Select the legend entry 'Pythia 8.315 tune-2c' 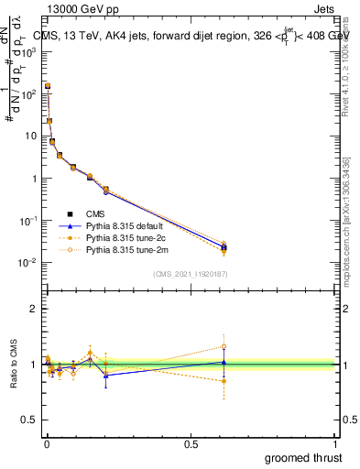tap(127, 237)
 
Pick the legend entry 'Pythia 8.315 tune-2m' tap(127, 249)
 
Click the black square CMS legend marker tap(70, 214)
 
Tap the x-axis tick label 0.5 tap(191, 442)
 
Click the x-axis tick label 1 tap(335, 442)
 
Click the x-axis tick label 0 tap(46, 442)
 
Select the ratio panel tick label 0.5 tap(29, 421)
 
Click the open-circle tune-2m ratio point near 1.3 tap(224, 347)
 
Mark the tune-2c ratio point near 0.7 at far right tap(224, 380)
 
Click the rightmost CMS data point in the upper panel tap(224, 247)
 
